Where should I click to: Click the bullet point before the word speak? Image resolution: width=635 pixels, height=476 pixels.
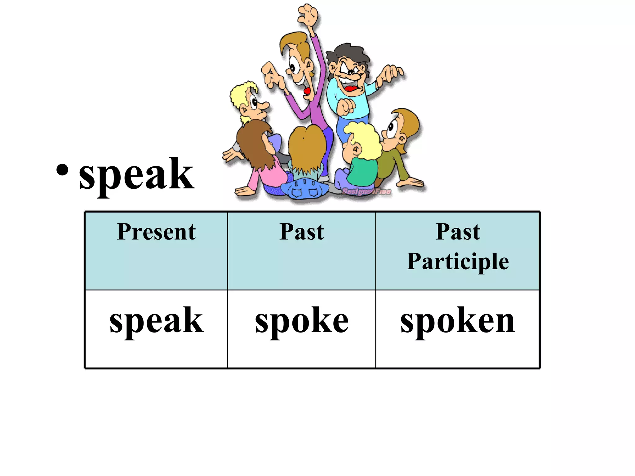62,170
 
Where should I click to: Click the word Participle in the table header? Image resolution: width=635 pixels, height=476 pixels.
458,261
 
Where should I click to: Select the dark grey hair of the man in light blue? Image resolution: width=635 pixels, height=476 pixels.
347,53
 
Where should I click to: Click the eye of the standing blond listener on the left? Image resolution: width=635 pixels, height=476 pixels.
254,102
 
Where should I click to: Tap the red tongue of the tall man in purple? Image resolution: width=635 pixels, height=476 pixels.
307,91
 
